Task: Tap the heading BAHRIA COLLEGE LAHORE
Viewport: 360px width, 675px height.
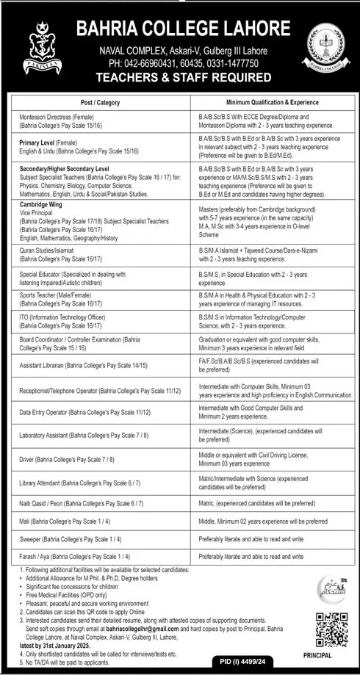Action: [184, 29]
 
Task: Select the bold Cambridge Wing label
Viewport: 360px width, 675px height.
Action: [42, 206]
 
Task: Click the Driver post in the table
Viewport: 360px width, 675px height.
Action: [67, 459]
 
